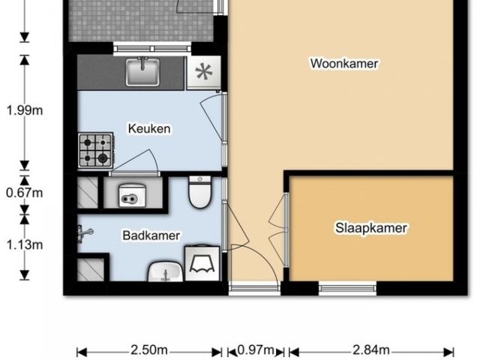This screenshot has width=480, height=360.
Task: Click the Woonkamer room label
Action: pos(344,64)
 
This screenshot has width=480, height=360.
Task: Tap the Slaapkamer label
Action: pos(370,228)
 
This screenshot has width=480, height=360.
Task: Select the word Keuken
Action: pos(149,129)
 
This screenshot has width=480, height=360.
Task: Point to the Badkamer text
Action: pos(151,235)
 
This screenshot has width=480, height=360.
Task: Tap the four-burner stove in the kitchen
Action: pos(96,149)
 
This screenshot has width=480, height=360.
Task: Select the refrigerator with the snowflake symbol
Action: pos(202,73)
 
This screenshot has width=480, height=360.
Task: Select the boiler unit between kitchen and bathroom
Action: pos(130,195)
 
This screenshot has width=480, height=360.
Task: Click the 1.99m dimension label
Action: pos(24,110)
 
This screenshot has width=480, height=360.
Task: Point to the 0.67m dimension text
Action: pos(24,193)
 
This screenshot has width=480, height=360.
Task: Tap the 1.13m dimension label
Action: pos(24,244)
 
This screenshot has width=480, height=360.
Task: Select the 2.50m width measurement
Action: pos(148,350)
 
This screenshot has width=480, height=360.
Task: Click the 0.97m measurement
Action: pos(255,350)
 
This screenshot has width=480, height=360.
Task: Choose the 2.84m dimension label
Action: pos(370,350)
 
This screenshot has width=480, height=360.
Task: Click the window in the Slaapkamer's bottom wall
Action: pos(347,286)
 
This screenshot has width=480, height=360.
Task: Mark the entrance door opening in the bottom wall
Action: pos(253,286)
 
